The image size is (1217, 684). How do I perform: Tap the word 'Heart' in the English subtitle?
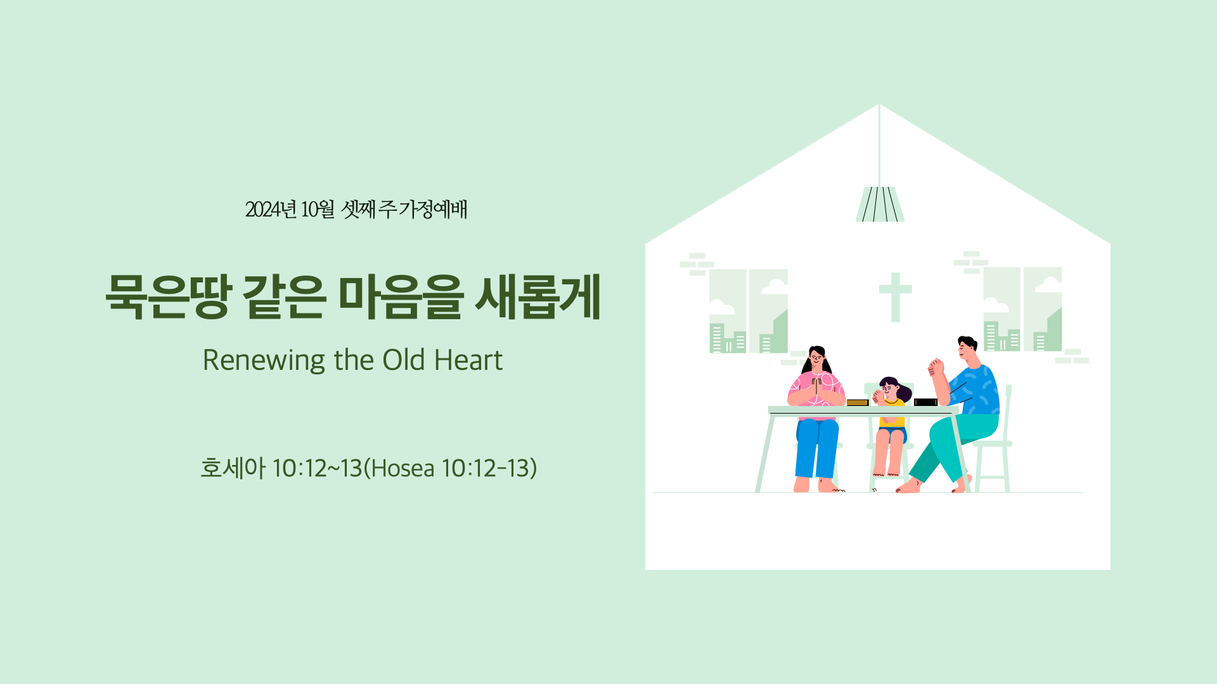point(468,360)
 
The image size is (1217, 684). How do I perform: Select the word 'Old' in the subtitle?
point(403,360)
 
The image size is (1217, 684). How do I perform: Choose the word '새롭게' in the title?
point(538,296)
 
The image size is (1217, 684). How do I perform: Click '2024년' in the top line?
point(271,209)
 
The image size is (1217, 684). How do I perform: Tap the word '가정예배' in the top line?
point(432,209)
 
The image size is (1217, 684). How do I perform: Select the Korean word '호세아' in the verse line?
point(233,468)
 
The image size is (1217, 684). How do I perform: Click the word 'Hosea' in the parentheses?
point(403,468)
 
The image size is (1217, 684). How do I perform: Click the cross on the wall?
point(895,297)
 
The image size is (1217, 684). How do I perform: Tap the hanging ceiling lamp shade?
point(880,204)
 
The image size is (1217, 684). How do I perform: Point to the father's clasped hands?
point(936,367)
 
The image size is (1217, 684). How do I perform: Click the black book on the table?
point(925,402)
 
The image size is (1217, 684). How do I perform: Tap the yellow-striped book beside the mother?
point(858,402)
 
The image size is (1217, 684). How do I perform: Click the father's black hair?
point(968,342)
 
